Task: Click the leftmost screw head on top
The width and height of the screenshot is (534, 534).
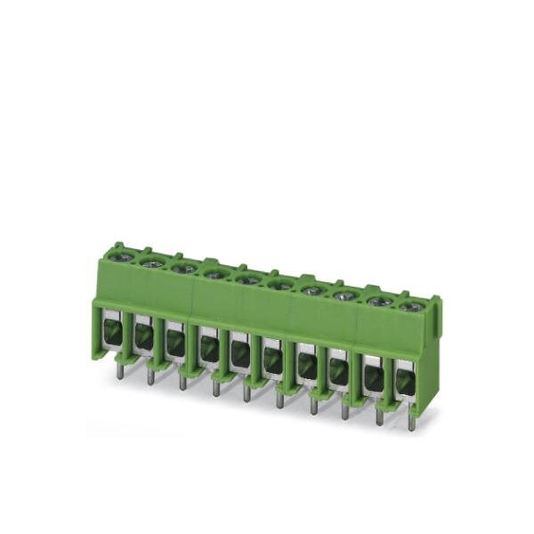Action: click(x=123, y=258)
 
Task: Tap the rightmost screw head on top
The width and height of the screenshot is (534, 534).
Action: click(x=409, y=307)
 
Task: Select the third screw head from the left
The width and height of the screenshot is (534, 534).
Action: click(x=184, y=269)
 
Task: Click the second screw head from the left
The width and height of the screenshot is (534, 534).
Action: click(x=153, y=263)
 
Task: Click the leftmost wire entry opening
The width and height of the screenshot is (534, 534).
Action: click(x=110, y=332)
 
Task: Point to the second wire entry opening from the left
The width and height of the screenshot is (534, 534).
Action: click(x=142, y=337)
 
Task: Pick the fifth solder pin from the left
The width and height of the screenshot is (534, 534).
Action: click(x=247, y=392)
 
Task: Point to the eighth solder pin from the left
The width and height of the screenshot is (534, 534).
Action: click(x=345, y=410)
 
